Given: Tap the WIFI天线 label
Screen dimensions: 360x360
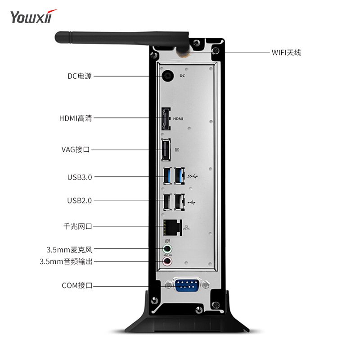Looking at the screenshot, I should (286, 52).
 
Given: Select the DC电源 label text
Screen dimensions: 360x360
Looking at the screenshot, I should (80, 76).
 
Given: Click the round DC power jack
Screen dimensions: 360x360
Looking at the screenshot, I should (168, 76).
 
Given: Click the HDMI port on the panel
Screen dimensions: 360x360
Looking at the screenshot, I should (166, 119).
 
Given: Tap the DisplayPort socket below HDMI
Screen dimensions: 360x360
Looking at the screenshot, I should (166, 150).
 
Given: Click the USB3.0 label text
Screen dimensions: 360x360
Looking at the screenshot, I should (80, 177).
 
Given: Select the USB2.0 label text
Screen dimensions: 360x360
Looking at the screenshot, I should (80, 200).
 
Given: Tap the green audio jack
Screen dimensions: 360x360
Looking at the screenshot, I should (167, 249).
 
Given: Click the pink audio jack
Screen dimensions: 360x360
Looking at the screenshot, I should (167, 261).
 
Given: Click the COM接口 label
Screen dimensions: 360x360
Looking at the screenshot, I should (77, 285).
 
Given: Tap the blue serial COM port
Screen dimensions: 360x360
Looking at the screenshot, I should (187, 285).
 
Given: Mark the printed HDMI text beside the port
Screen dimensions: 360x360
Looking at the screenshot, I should (179, 119).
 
